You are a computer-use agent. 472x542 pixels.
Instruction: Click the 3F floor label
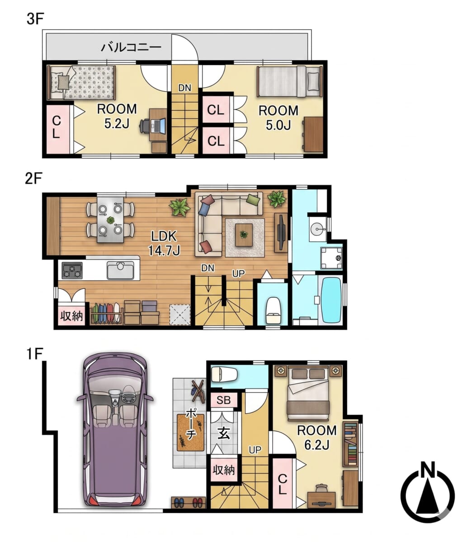click(35, 19)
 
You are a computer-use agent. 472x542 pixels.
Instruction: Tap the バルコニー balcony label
click(131, 48)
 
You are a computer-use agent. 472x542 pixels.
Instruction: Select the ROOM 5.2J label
click(117, 116)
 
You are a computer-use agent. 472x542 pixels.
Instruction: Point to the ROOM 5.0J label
click(278, 117)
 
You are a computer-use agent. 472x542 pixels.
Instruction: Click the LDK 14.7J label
click(164, 243)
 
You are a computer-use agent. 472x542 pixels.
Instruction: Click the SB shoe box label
click(223, 400)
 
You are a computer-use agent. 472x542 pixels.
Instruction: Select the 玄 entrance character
click(223, 434)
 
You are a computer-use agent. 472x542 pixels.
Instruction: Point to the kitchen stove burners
click(72, 270)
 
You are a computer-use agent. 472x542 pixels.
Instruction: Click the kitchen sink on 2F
click(120, 270)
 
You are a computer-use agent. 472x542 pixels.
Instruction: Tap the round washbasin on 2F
click(317, 227)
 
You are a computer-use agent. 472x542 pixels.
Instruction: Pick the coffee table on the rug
click(244, 235)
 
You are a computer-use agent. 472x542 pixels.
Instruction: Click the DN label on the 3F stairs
click(184, 88)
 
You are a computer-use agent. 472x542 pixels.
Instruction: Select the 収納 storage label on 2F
click(71, 316)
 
